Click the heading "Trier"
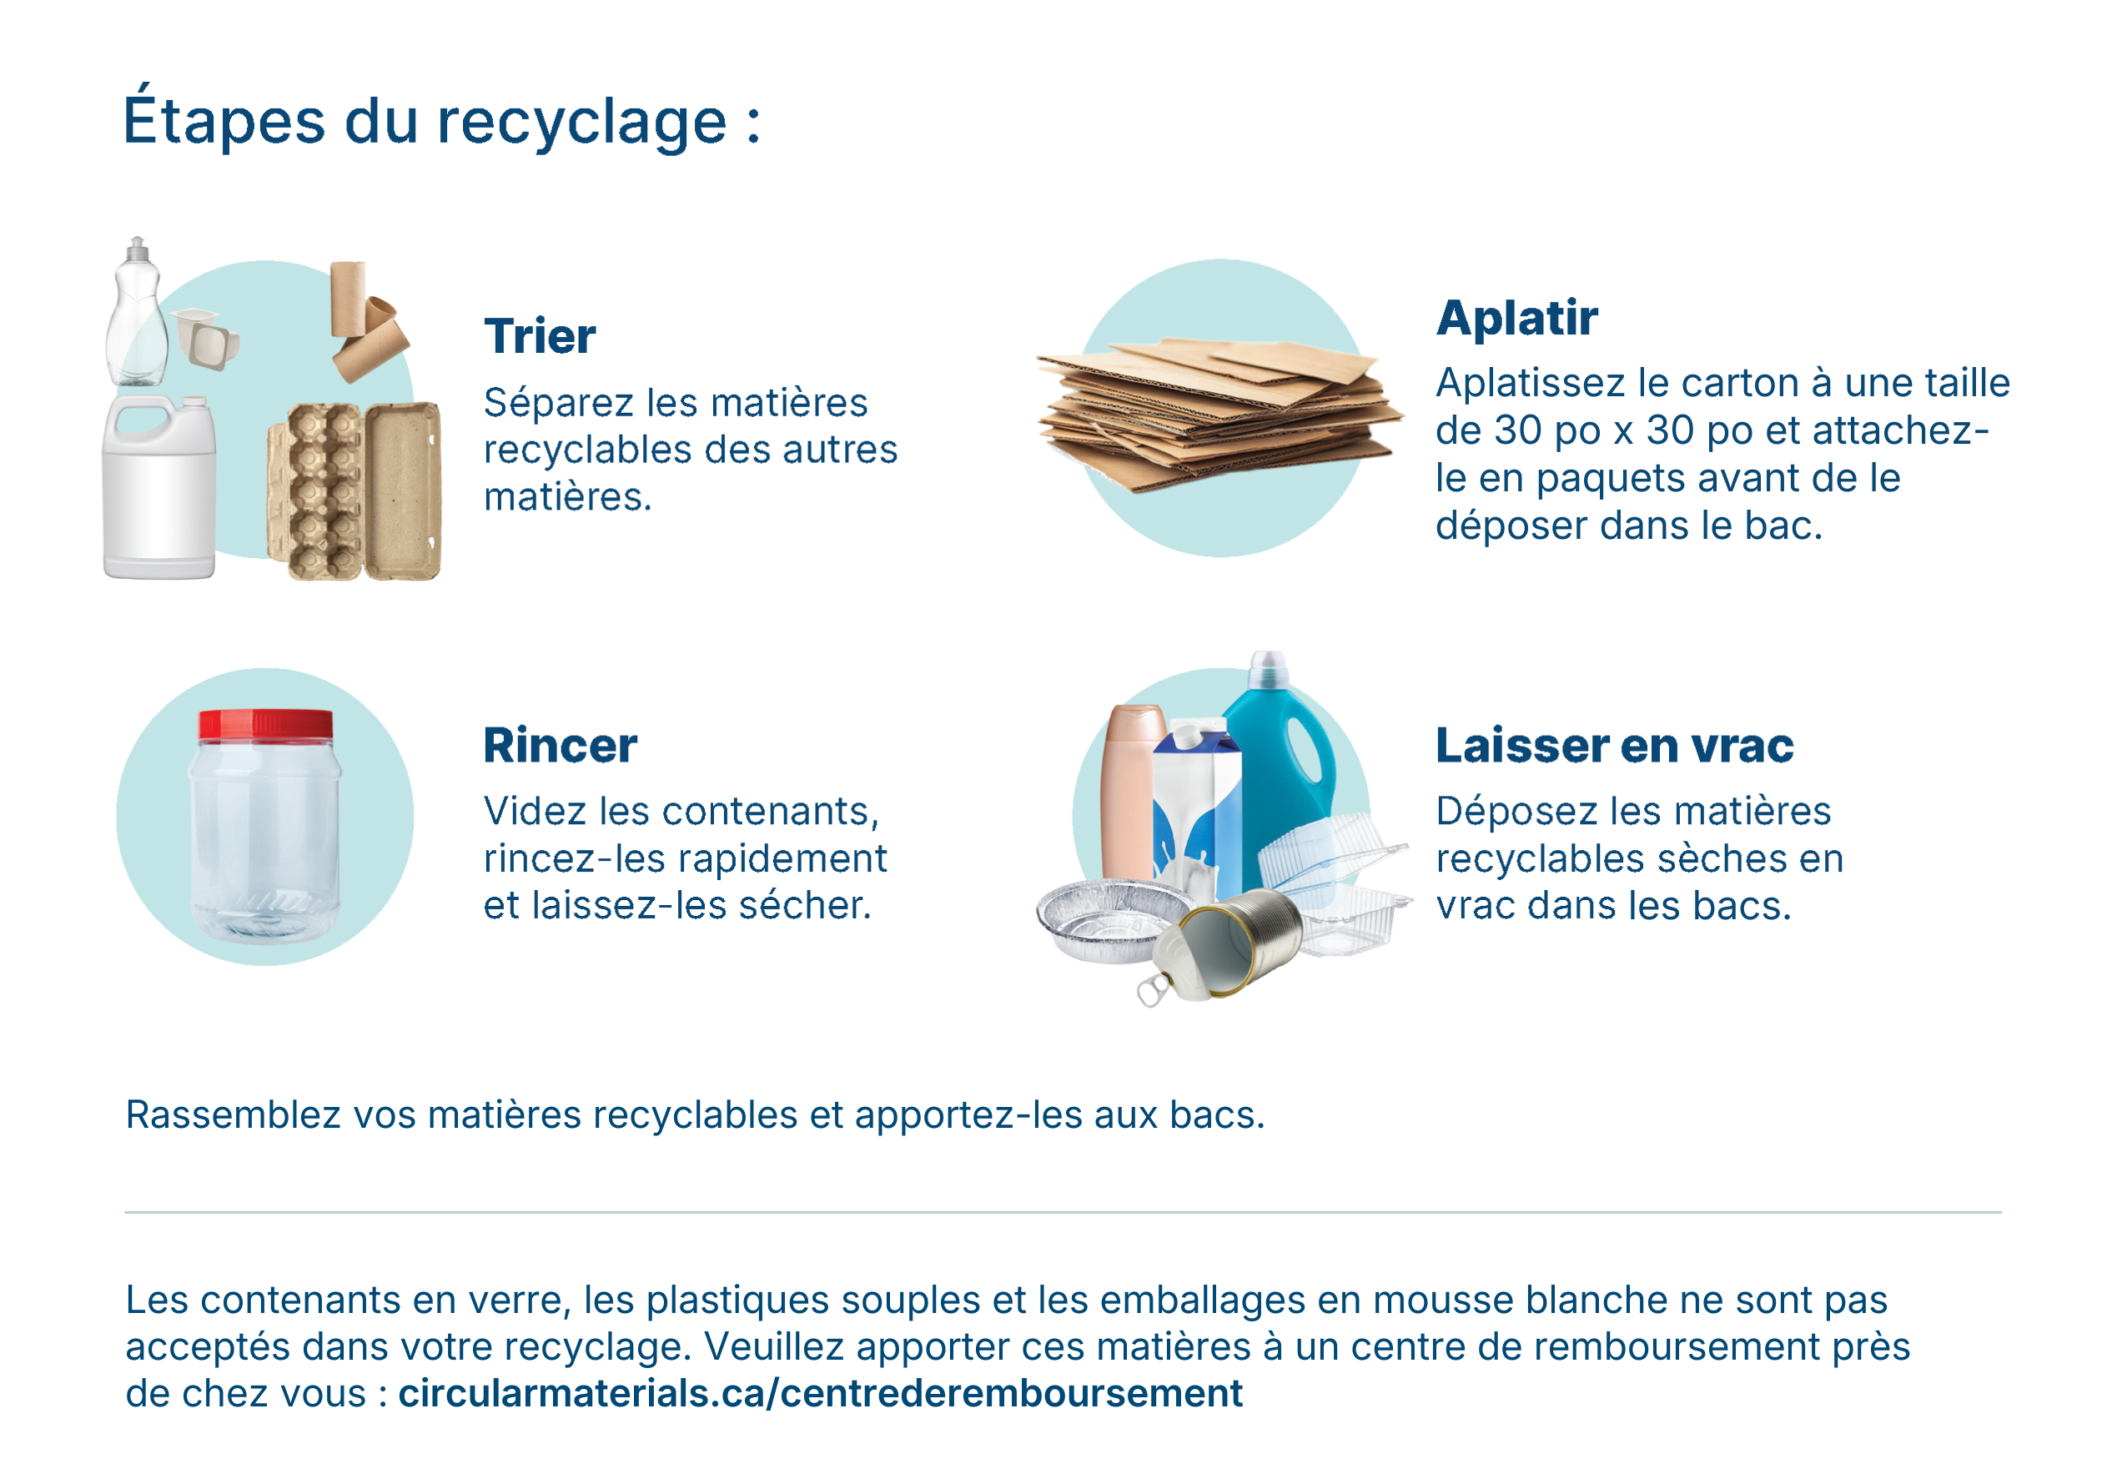click(x=539, y=336)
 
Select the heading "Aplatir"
click(x=1516, y=318)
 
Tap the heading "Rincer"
click(x=561, y=746)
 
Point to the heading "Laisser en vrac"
click(x=1615, y=746)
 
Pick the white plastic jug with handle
click(x=159, y=488)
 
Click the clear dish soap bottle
click(x=137, y=312)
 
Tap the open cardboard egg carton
click(x=354, y=491)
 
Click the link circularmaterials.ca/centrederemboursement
click(x=821, y=1394)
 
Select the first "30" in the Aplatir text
click(x=1517, y=430)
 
